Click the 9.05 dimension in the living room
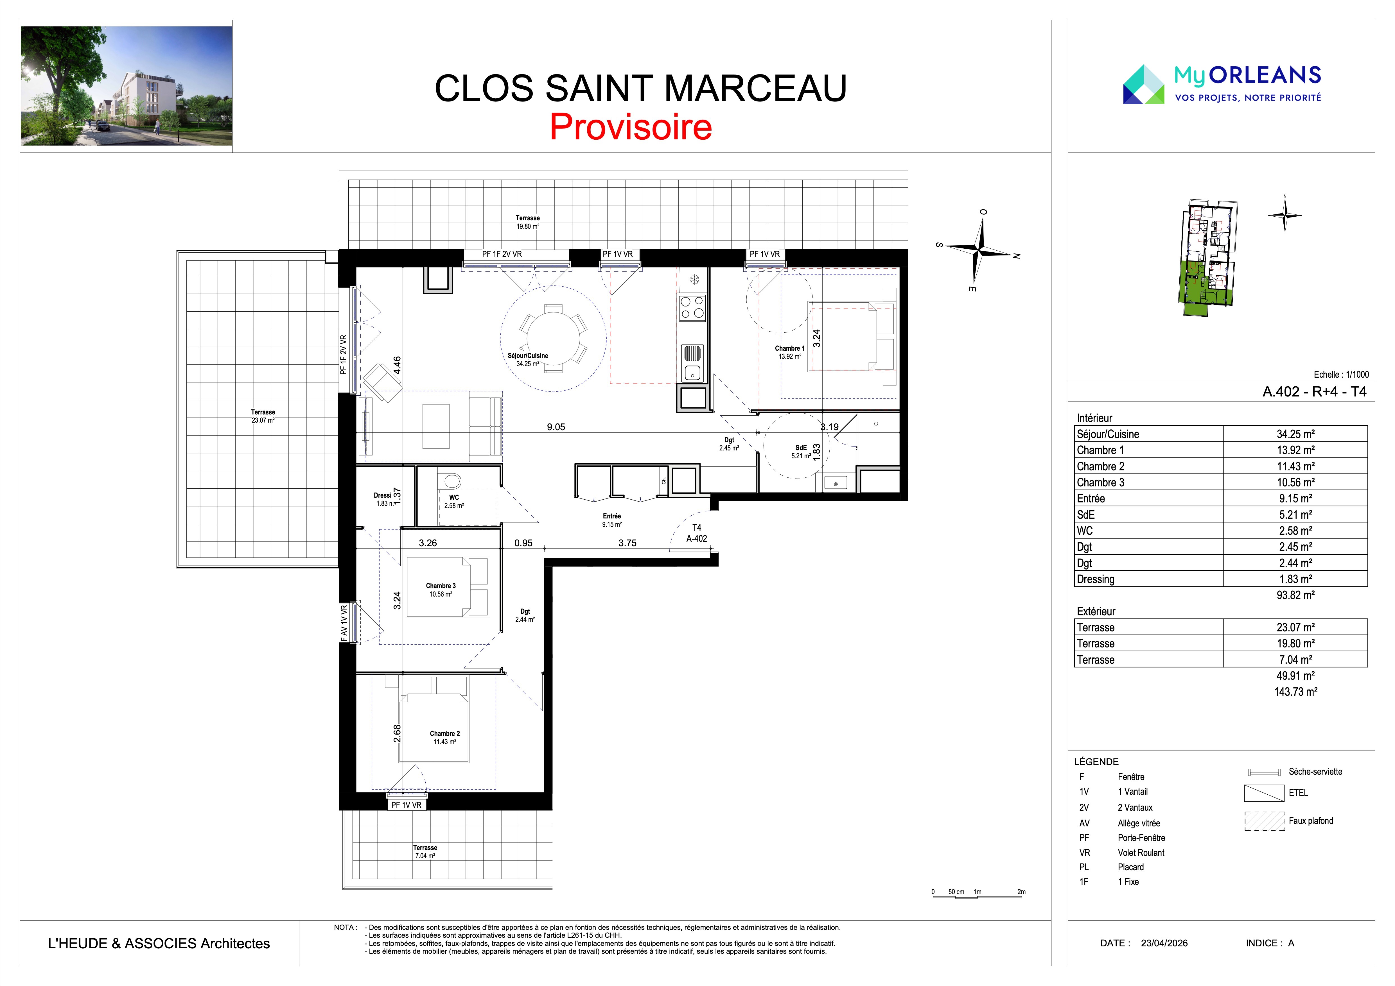click(x=556, y=427)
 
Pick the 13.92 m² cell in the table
click(x=1295, y=450)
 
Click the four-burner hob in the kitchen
click(x=692, y=307)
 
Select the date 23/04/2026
click(x=1164, y=943)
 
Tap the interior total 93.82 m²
click(x=1295, y=595)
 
